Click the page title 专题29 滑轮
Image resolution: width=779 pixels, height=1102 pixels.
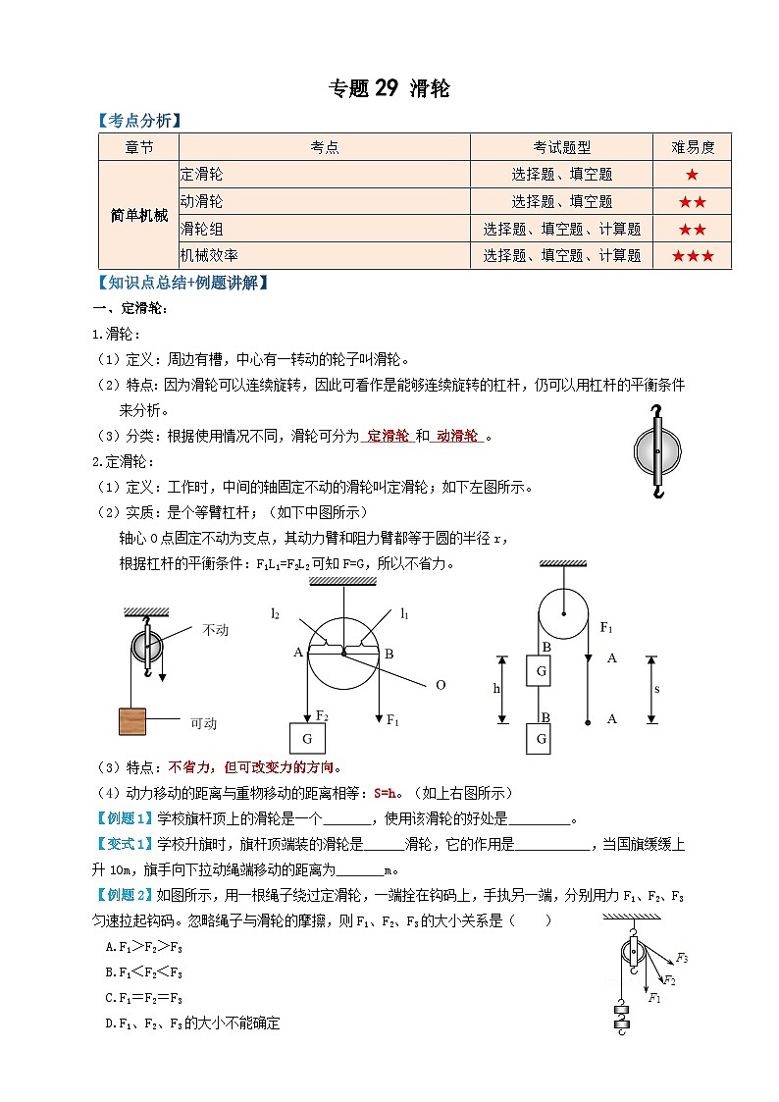pyautogui.click(x=389, y=89)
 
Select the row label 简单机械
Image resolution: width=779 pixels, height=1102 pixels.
pyautogui.click(x=138, y=215)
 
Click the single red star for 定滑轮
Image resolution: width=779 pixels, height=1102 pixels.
pyautogui.click(x=692, y=175)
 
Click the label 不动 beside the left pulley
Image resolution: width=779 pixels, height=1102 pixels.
pyautogui.click(x=215, y=630)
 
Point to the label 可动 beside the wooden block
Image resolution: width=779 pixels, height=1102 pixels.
pyautogui.click(x=203, y=724)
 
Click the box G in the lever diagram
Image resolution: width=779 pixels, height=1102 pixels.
pyautogui.click(x=307, y=738)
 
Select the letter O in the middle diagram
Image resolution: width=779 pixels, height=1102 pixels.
pyautogui.click(x=441, y=685)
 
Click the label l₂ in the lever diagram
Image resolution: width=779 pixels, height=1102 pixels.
pyautogui.click(x=276, y=613)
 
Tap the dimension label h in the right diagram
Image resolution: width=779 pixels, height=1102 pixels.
pyautogui.click(x=496, y=689)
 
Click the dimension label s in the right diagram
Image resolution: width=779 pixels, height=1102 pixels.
pyautogui.click(x=656, y=689)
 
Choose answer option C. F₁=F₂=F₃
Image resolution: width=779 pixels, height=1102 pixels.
pyautogui.click(x=144, y=998)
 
